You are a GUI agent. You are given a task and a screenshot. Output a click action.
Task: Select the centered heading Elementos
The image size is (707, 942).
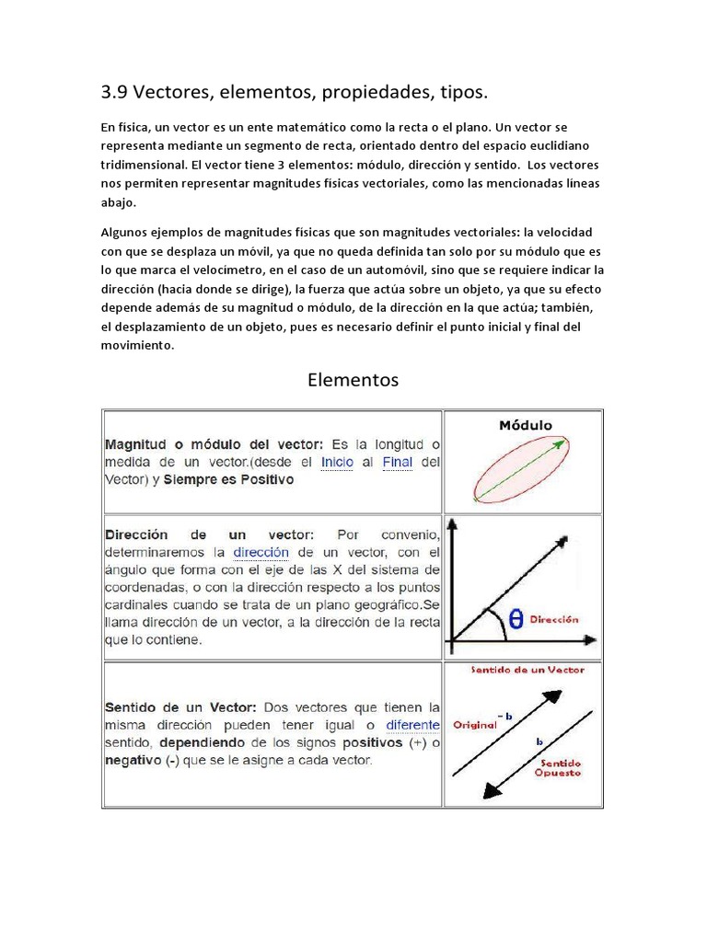(x=353, y=379)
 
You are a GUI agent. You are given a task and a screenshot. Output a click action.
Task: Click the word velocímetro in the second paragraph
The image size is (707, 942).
(x=214, y=270)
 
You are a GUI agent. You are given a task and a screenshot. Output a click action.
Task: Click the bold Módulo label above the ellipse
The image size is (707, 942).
(x=525, y=425)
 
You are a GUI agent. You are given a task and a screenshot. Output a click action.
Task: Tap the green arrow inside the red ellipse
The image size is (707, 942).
(x=521, y=469)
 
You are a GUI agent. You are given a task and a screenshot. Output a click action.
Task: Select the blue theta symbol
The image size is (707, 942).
(x=516, y=620)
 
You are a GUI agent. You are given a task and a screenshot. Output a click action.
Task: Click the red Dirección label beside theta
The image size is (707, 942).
(x=554, y=620)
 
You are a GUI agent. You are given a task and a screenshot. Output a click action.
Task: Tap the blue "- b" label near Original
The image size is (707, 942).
(x=503, y=715)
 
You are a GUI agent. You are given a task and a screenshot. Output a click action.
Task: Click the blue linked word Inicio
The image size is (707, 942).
(x=337, y=462)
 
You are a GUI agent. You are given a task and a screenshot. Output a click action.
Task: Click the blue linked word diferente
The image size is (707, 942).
(x=412, y=725)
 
